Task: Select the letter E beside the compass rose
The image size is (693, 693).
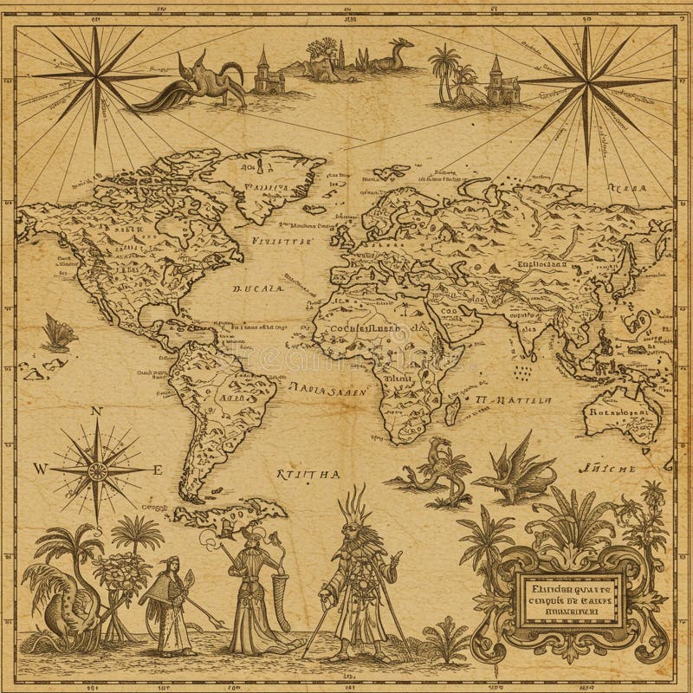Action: (x=158, y=470)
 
